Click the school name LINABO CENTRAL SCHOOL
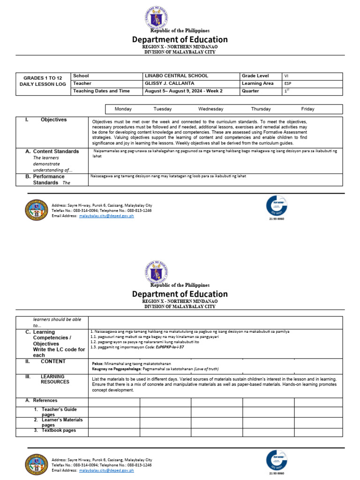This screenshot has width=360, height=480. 176,76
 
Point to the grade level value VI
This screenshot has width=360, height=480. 286,76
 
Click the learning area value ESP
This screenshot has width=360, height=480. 287,83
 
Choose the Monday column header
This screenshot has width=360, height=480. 123,109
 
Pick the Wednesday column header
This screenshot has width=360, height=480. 210,109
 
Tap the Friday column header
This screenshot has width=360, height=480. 307,109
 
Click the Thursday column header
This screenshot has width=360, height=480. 261,109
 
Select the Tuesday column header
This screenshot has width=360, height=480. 163,109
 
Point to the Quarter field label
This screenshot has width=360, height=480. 250,91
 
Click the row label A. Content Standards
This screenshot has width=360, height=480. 52,151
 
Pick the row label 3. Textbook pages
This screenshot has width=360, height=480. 55,430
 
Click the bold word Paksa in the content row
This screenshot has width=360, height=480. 97,364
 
